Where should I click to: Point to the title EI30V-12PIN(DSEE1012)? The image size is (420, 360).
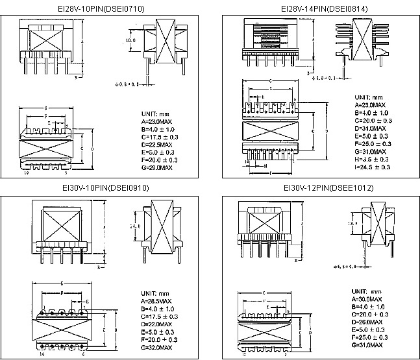click(319, 189)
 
